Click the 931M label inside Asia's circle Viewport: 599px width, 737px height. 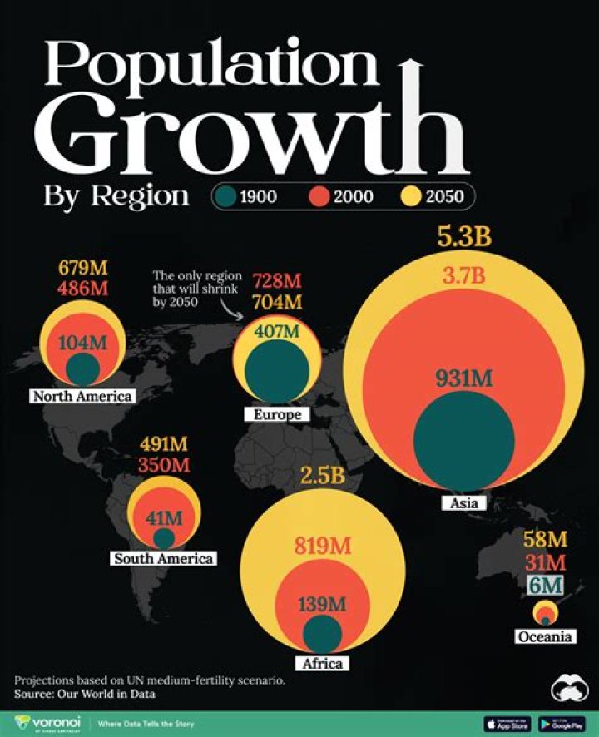[x=463, y=378]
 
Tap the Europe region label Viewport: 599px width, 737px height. [x=277, y=414]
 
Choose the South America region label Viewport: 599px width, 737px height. [x=163, y=558]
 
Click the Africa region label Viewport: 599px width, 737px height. [x=321, y=663]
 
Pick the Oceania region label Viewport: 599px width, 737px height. [x=545, y=636]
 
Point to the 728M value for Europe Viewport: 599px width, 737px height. [x=277, y=281]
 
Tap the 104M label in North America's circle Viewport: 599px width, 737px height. [x=83, y=342]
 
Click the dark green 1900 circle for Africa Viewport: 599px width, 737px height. [x=321, y=633]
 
